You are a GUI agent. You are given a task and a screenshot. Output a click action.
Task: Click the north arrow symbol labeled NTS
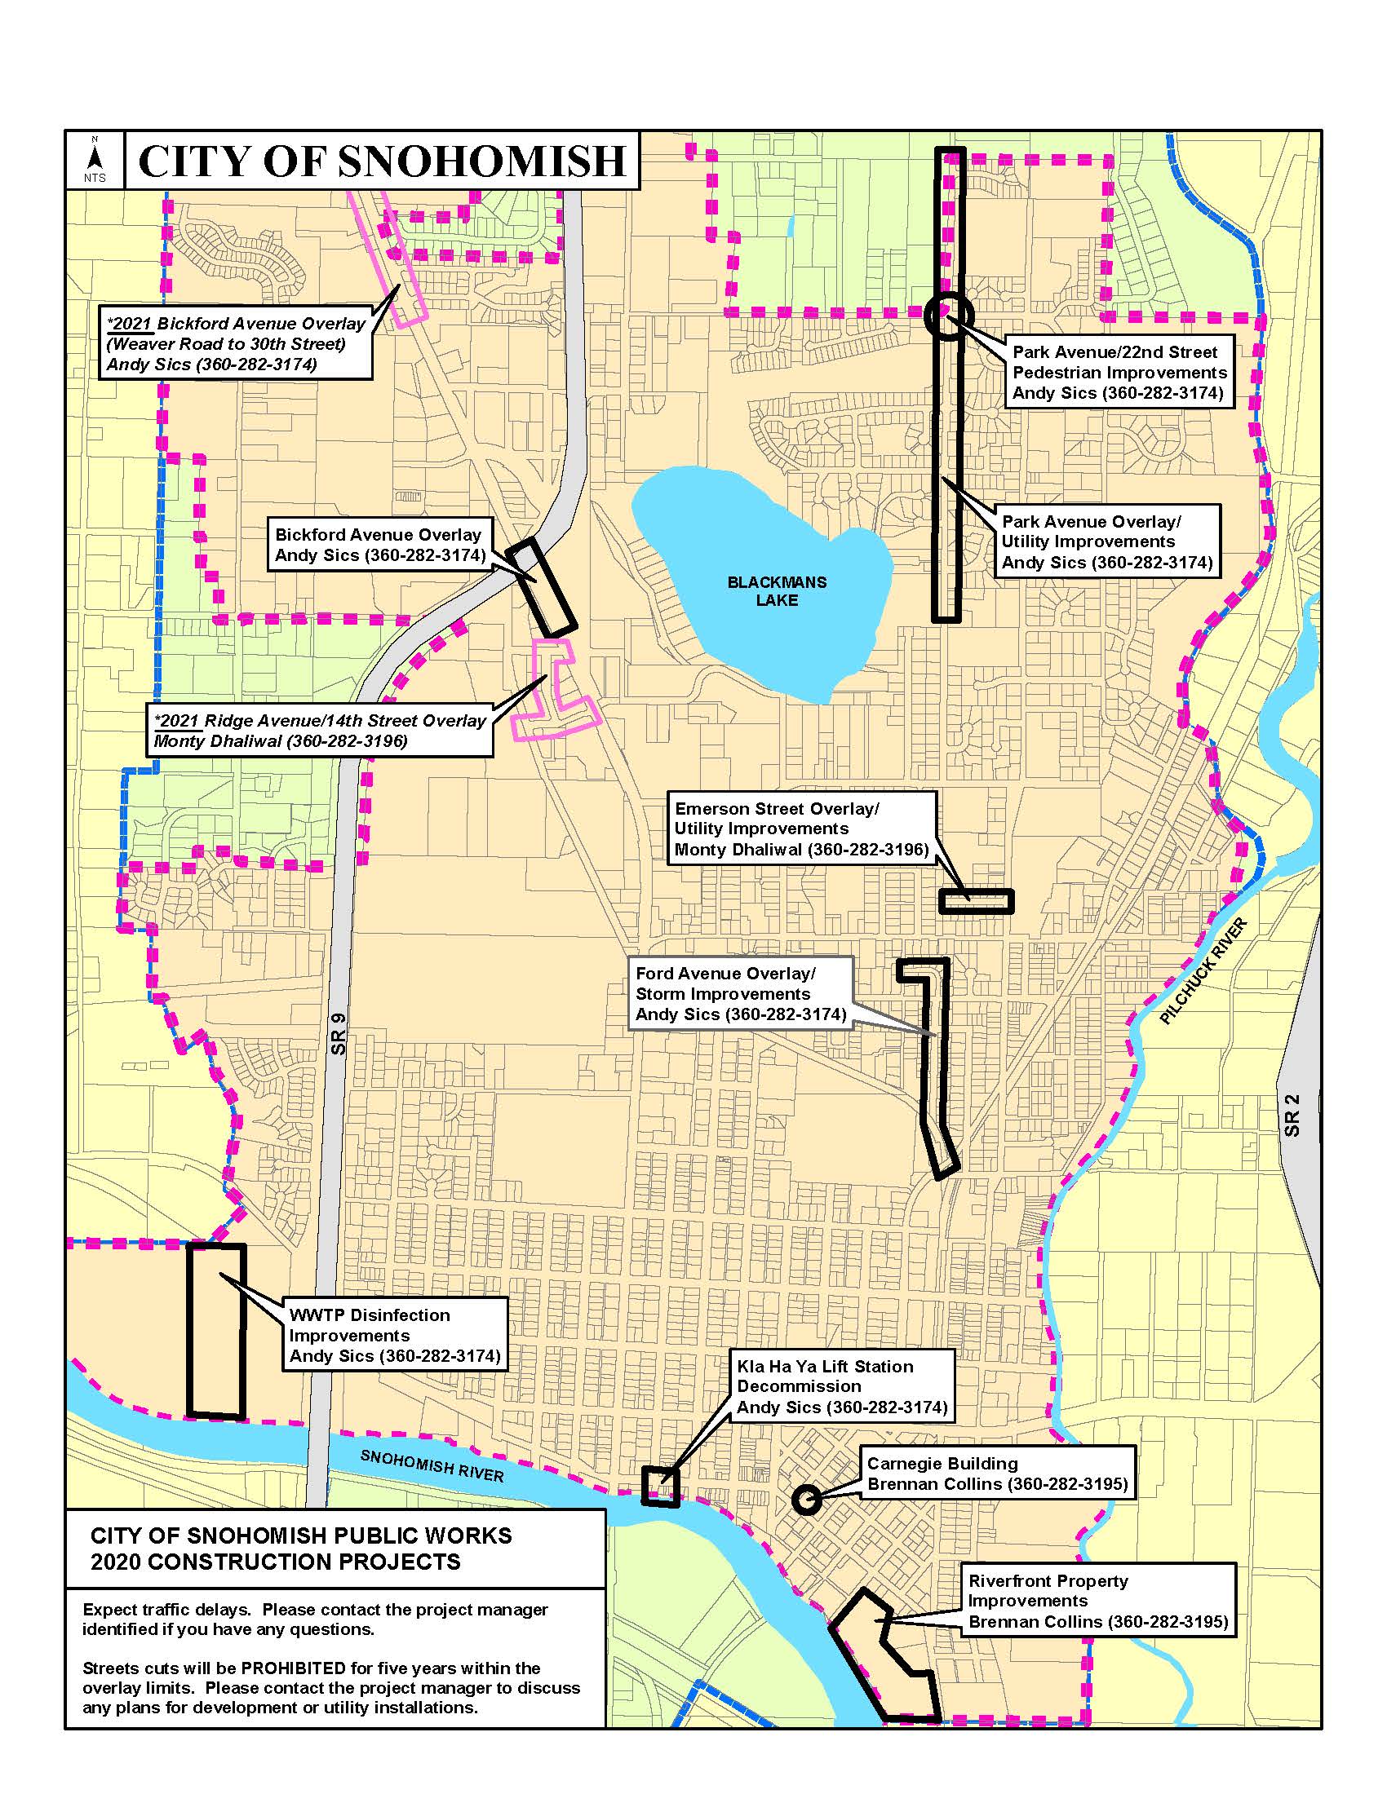click(95, 159)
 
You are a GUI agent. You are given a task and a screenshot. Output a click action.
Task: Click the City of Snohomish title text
click(382, 160)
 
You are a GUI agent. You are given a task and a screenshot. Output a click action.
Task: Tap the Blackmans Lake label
click(777, 590)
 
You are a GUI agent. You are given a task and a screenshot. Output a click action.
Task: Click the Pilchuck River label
click(1203, 972)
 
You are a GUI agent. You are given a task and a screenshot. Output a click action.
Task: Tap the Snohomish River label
click(432, 1465)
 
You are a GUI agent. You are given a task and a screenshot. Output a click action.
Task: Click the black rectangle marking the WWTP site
click(216, 1331)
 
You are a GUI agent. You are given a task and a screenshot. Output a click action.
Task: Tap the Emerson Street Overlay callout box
click(801, 829)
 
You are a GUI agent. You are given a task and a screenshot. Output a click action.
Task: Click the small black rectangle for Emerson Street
click(976, 901)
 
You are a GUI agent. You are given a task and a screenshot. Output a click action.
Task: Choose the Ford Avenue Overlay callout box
click(740, 994)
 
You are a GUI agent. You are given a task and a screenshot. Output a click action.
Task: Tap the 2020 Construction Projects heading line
click(276, 1562)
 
